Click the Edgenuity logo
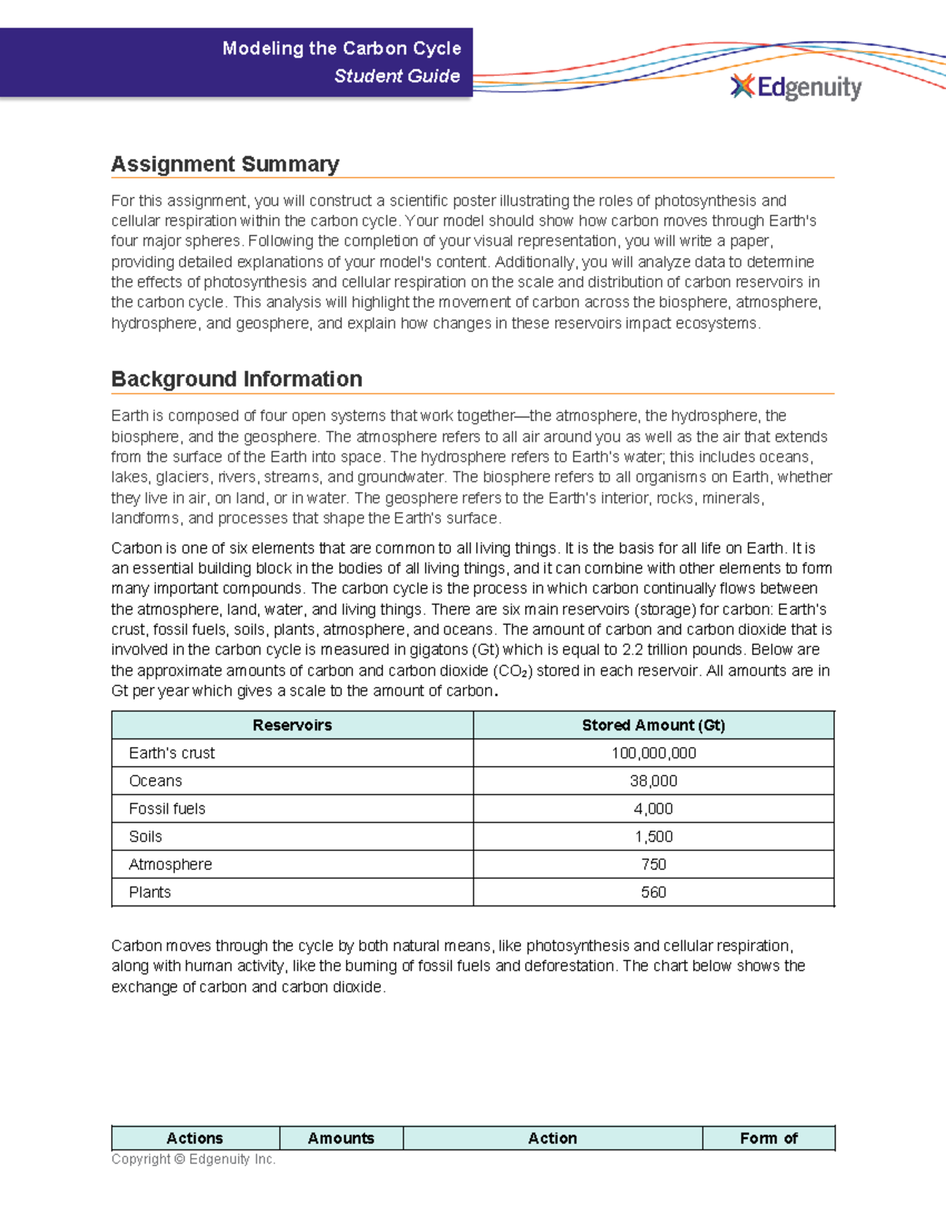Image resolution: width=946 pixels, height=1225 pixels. point(795,87)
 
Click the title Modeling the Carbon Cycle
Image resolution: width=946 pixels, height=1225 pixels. point(341,48)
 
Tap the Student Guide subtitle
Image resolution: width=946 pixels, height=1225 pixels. point(397,76)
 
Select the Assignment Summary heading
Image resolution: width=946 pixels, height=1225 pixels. point(225,164)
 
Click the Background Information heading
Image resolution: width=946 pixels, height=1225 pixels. point(236,379)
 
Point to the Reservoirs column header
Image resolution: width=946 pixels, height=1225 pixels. point(292,725)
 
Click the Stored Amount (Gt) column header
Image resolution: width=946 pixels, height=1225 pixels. point(653,725)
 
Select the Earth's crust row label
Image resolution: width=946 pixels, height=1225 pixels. point(172,753)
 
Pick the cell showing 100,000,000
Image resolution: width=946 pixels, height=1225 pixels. point(653,753)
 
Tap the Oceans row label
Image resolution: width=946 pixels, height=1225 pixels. point(155,781)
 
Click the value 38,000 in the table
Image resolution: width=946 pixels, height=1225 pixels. point(653,781)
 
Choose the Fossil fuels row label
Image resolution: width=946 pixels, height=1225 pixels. point(167,809)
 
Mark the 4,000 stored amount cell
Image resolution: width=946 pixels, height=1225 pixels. point(653,809)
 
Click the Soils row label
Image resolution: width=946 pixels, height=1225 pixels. point(145,836)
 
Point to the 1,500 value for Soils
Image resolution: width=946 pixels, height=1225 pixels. point(653,836)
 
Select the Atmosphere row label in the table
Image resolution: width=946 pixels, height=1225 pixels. point(170,865)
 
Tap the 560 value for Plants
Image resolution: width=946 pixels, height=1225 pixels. point(653,892)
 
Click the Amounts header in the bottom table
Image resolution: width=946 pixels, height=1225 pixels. point(341,1138)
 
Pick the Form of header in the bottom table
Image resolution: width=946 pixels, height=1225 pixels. point(768,1138)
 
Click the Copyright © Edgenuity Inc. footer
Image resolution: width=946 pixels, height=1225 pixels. point(193,1159)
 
